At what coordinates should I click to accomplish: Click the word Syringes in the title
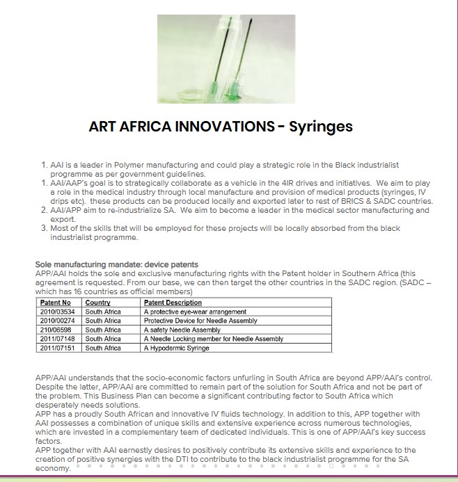click(321, 127)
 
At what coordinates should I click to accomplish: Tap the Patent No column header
click(55, 303)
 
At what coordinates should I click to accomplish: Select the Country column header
click(97, 303)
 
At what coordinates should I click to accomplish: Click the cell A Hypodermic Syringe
click(175, 348)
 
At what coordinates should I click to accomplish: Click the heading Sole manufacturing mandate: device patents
click(116, 264)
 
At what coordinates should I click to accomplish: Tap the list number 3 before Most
click(45, 228)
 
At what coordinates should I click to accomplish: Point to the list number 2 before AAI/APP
click(45, 210)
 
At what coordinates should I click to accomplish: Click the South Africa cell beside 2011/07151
click(103, 348)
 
